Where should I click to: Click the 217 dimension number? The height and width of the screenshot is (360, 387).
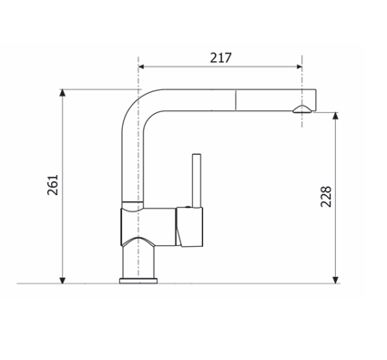(x=220, y=57)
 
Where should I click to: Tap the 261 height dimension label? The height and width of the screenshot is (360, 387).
(x=53, y=185)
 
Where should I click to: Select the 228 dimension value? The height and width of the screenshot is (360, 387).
(x=326, y=197)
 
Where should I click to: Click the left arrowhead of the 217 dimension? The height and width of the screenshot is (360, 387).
(x=141, y=67)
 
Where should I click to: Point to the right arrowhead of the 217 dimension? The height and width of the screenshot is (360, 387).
(x=299, y=67)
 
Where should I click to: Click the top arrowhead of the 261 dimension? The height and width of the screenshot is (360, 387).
(x=62, y=93)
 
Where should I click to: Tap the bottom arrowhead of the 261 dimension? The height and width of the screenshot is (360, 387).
(x=62, y=280)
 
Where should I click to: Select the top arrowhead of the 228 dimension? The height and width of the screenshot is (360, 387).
(x=335, y=116)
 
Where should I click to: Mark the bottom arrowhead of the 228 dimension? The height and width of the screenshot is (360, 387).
(x=335, y=280)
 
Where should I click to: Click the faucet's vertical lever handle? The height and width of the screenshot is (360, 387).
(x=197, y=180)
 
